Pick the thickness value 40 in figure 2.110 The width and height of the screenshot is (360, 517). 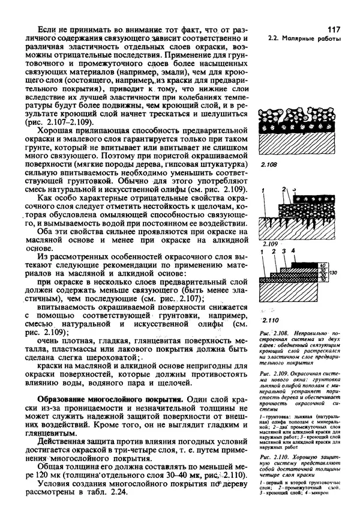[x=322, y=264]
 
